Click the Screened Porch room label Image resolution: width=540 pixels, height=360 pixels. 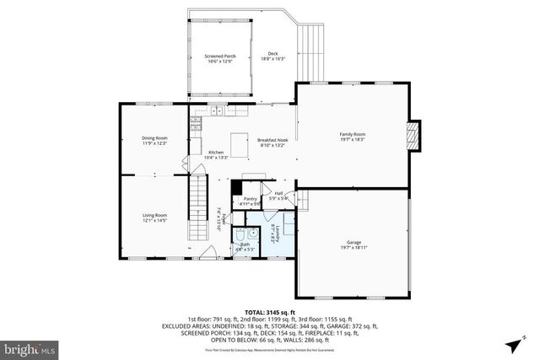click(219, 59)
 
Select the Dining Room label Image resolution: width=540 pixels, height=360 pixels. click(154, 140)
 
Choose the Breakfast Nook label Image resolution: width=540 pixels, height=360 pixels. click(271, 142)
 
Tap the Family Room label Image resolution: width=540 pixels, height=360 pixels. click(352, 137)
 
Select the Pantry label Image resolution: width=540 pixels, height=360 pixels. click(251, 201)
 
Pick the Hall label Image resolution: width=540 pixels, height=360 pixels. click(278, 195)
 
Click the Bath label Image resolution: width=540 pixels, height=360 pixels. click(245, 246)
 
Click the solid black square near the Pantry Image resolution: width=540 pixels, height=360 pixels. click(237, 190)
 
